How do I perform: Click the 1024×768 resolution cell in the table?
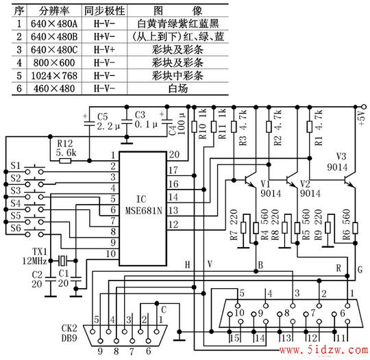(54, 76)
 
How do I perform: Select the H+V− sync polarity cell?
(104, 36)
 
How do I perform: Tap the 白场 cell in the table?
(178, 89)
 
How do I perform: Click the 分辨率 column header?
(54, 11)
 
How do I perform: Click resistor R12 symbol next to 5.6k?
(65, 161)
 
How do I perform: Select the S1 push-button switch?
(34, 170)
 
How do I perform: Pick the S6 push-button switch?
(34, 233)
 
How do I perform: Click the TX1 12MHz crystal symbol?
(62, 261)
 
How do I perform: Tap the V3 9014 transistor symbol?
(349, 180)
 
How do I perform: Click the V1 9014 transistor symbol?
(249, 180)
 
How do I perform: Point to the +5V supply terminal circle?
(364, 107)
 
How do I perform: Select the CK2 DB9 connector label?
(69, 333)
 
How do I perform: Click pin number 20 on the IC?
(174, 155)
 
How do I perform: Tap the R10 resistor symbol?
(194, 127)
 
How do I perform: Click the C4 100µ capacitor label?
(177, 125)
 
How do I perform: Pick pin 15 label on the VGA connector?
(234, 338)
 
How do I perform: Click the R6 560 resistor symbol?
(355, 228)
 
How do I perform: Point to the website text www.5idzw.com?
(323, 350)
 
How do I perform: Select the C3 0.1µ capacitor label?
(146, 120)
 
